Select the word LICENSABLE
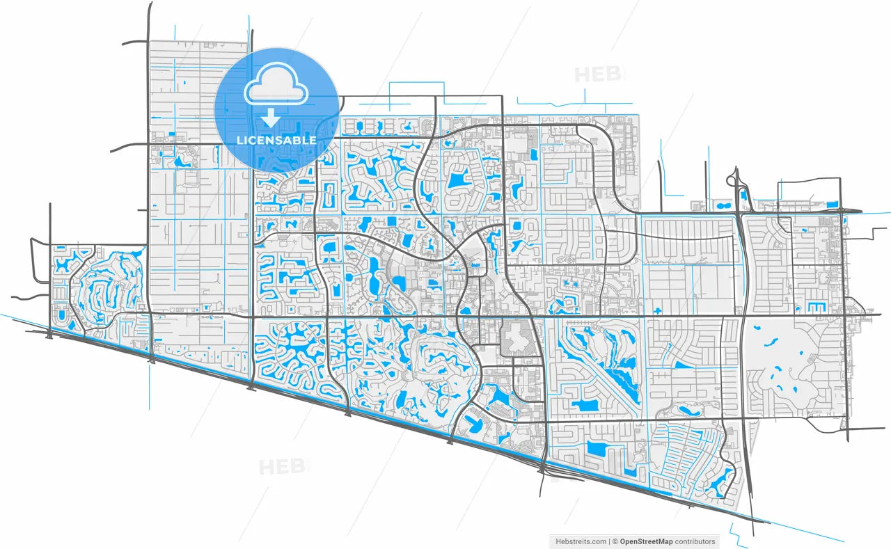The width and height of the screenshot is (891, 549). click(x=276, y=141)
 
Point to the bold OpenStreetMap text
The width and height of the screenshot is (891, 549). click(x=647, y=541)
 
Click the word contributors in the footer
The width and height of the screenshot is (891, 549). click(x=695, y=541)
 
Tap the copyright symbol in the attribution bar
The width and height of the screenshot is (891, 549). click(x=615, y=541)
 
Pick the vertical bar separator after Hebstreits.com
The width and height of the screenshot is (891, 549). click(x=608, y=541)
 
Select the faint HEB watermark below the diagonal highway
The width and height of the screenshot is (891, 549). click(x=283, y=466)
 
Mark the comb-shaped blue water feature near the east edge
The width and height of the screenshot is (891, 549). click(x=811, y=306)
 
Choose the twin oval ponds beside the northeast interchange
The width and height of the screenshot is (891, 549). click(x=743, y=196)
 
